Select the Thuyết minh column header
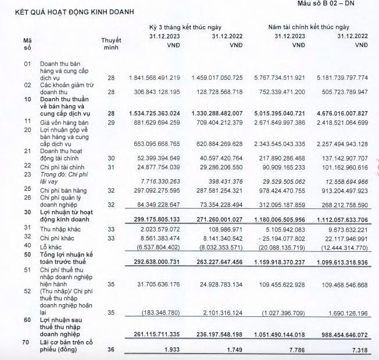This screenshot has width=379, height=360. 111,44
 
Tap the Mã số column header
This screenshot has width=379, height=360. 27,44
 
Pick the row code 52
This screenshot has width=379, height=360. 27,291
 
